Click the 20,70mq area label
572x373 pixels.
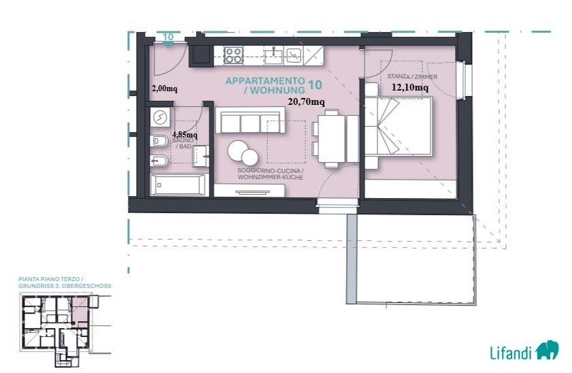tap(306, 102)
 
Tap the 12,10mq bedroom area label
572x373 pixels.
tap(410, 87)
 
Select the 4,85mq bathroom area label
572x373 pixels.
tap(184, 135)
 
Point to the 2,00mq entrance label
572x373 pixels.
tap(165, 88)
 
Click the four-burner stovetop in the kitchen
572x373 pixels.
tap(233, 56)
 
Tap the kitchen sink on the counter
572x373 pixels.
tap(273, 55)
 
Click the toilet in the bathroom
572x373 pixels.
tap(158, 141)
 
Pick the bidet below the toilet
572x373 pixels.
tap(158, 161)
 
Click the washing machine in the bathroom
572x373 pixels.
tap(160, 117)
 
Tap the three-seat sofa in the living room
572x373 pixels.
tap(250, 120)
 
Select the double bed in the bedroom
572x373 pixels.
tap(399, 126)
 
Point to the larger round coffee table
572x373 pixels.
tap(237, 150)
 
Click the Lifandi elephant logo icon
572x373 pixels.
tap(547, 350)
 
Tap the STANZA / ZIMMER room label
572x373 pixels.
tap(412, 77)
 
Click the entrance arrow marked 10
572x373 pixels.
tap(168, 44)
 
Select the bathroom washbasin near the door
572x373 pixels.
tap(201, 156)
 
